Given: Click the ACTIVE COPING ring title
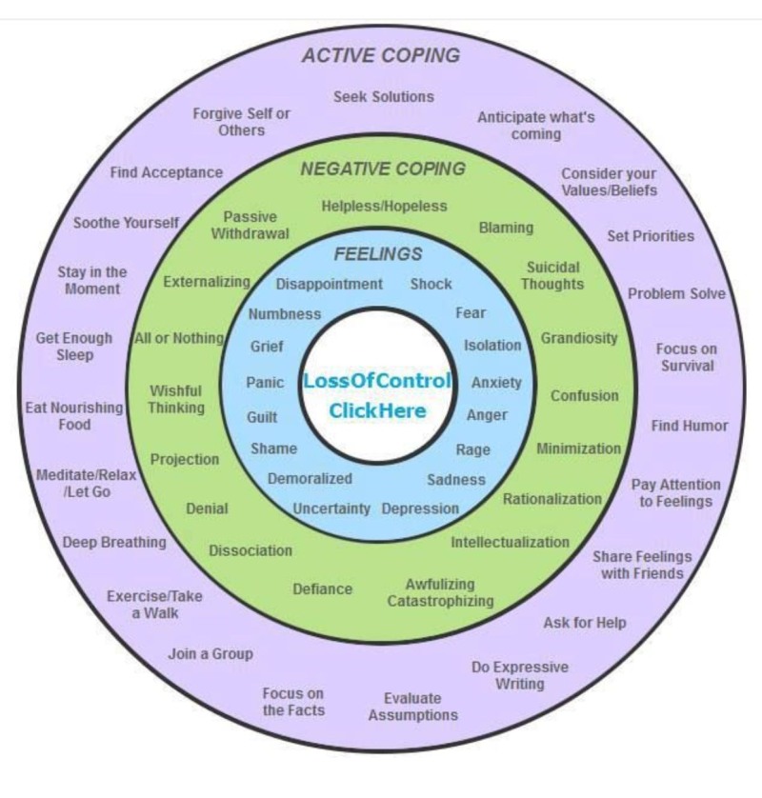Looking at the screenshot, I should (x=380, y=55).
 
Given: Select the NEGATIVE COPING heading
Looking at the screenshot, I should (x=383, y=170).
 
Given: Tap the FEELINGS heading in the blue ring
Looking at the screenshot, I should (x=378, y=254).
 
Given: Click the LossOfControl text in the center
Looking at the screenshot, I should (x=377, y=381).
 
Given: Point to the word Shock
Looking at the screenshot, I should (x=431, y=284).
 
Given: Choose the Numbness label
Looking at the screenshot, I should (x=285, y=314).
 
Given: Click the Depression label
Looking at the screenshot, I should (x=420, y=509).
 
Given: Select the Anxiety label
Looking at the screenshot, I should (x=496, y=383).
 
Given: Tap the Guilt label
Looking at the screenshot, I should (x=262, y=417).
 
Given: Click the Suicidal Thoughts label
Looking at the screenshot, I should (x=552, y=276).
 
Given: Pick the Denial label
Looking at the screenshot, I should (x=207, y=509).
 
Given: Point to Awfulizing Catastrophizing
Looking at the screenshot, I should (x=440, y=592).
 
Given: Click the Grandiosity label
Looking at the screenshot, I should (x=579, y=338).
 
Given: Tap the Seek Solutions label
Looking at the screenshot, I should (x=383, y=96).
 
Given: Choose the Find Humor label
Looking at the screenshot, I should (x=690, y=426).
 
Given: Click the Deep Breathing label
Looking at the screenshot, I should (x=114, y=543).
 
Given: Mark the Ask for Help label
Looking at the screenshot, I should (x=585, y=623).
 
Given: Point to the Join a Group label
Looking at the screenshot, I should (x=211, y=654).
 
